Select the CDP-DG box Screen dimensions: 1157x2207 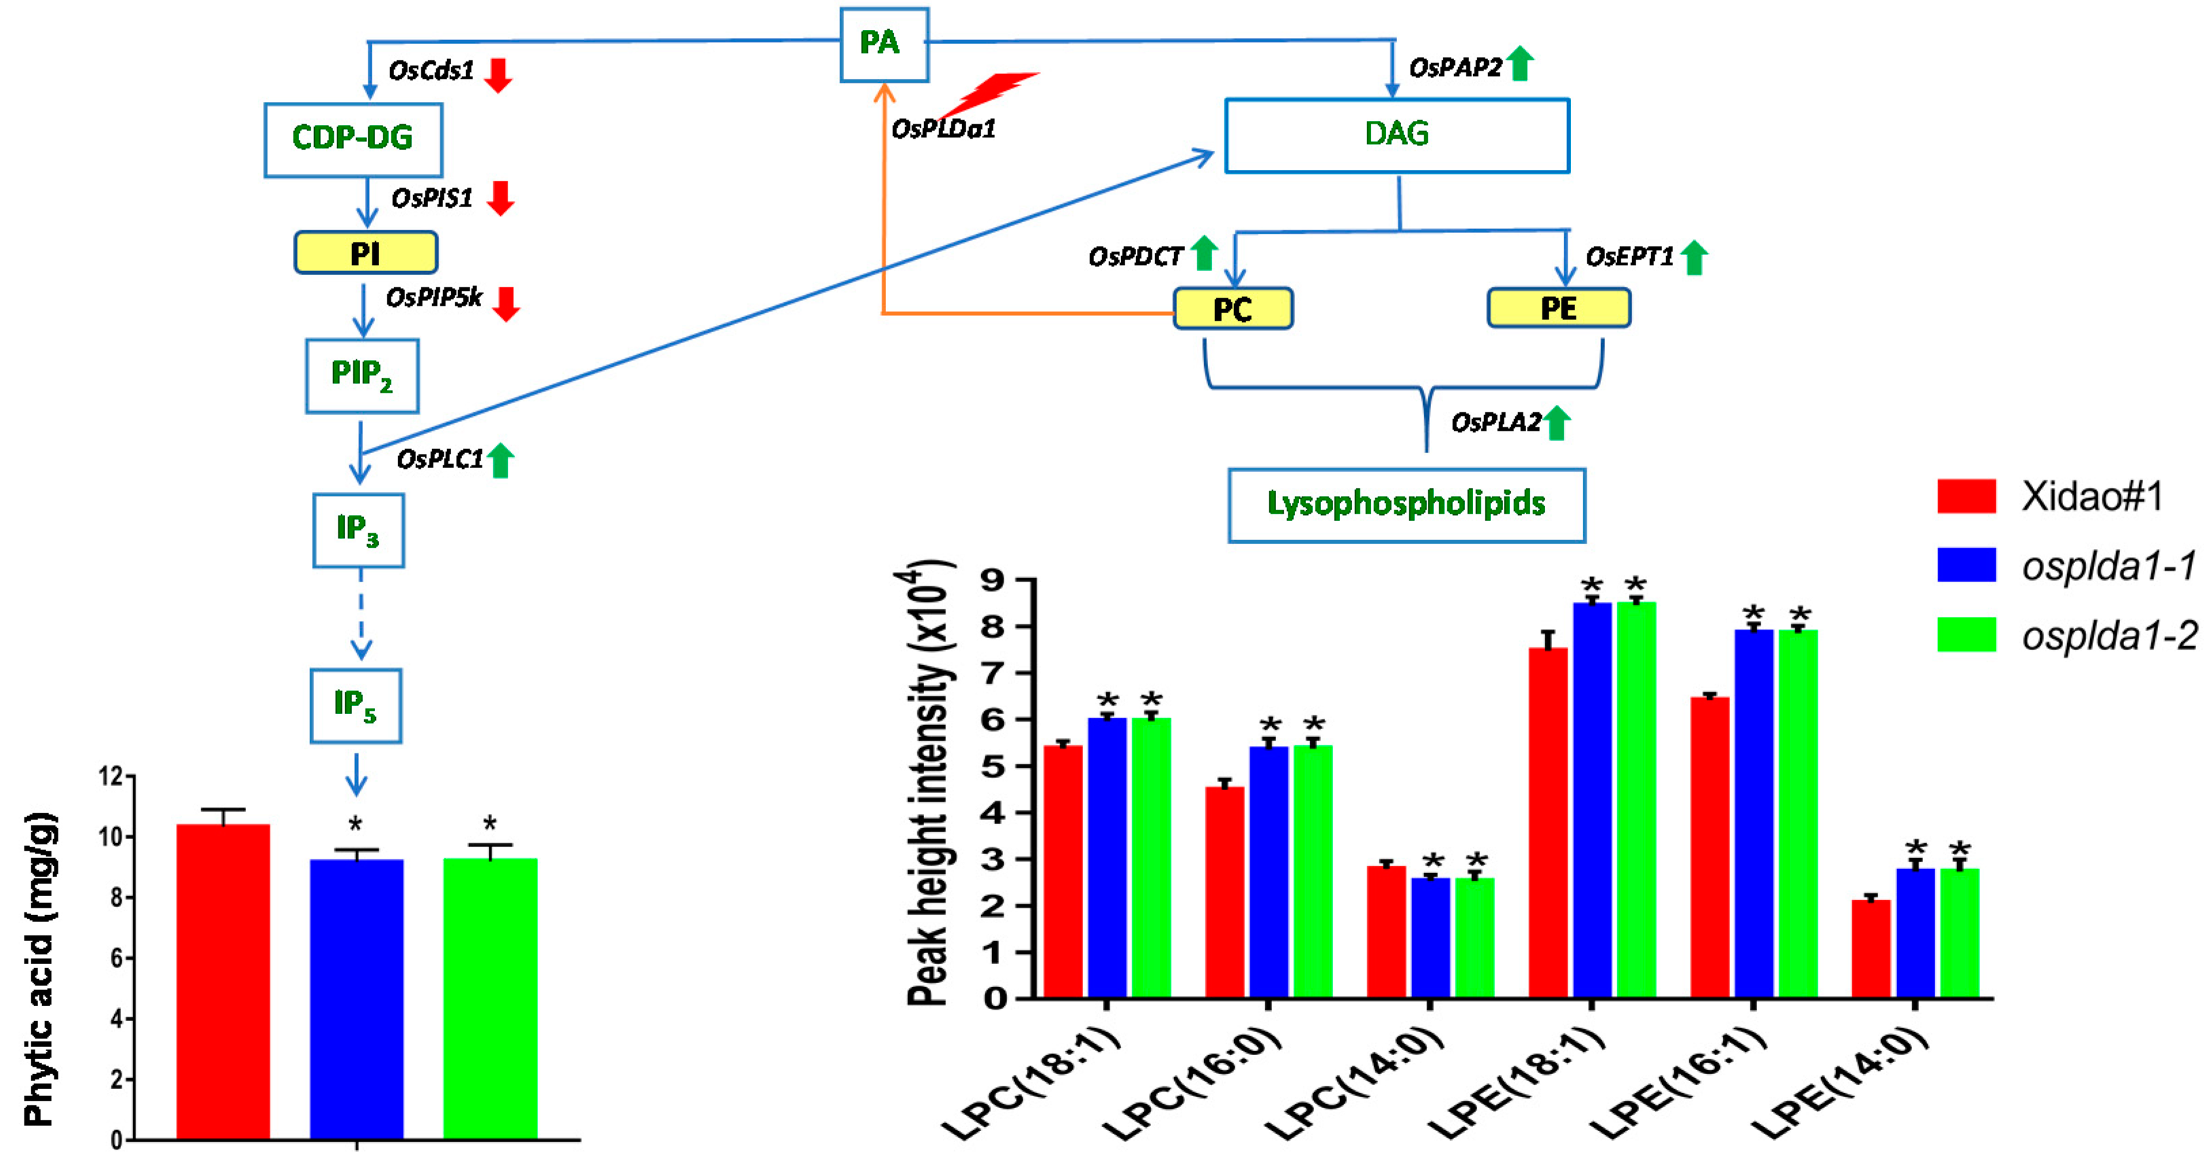[x=353, y=139]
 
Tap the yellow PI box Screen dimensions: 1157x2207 [x=366, y=253]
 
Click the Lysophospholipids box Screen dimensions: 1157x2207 [x=1406, y=504]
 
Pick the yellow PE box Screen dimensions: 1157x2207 [x=1559, y=308]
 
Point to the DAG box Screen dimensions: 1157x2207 [x=1396, y=135]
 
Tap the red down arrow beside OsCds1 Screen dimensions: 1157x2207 [x=498, y=75]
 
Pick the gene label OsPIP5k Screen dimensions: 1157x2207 [x=434, y=297]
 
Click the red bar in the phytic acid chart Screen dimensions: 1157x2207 [x=223, y=980]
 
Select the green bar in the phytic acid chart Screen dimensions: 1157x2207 [x=490, y=998]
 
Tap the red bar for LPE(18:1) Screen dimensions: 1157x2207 [x=1547, y=822]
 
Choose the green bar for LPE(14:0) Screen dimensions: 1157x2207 [x=1960, y=933]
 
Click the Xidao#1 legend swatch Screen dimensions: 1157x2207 [x=1966, y=496]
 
